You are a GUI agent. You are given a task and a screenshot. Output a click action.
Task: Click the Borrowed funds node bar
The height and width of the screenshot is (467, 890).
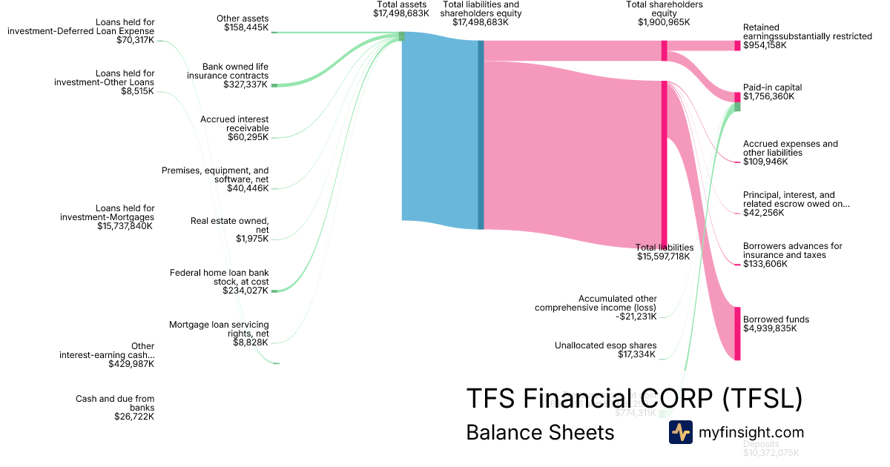pyautogui.click(x=737, y=333)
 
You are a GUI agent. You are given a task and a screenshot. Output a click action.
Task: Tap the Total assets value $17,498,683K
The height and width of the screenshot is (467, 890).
pyautogui.click(x=401, y=13)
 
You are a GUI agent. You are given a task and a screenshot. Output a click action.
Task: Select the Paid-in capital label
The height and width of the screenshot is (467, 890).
pyautogui.click(x=772, y=87)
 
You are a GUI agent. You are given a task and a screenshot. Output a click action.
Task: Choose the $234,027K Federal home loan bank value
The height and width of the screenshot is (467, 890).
pyautogui.click(x=245, y=291)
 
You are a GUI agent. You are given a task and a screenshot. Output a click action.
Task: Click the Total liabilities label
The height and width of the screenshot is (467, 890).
pyautogui.click(x=665, y=248)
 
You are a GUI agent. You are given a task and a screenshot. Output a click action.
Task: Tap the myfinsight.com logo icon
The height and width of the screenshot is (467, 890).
pyautogui.click(x=680, y=432)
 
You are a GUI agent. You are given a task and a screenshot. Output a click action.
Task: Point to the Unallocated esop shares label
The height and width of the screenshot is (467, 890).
pyautogui.click(x=605, y=345)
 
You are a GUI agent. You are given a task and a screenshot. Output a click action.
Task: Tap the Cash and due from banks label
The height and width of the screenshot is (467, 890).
pyautogui.click(x=115, y=403)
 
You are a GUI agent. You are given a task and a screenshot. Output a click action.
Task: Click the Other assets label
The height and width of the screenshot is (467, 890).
pyautogui.click(x=243, y=19)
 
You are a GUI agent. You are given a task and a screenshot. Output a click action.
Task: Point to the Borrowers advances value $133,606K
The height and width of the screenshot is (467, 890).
pyautogui.click(x=765, y=264)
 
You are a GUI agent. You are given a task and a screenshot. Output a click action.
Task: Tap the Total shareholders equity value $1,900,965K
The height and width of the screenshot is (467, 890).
pyautogui.click(x=664, y=22)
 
